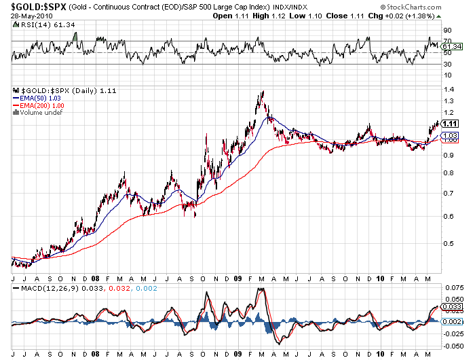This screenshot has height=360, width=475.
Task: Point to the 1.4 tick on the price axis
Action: coord(449,89)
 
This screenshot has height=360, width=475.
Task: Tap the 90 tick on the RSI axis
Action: coord(447,31)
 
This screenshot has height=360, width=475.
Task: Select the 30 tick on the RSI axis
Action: coord(447,65)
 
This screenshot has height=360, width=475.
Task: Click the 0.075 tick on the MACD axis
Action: coord(452,287)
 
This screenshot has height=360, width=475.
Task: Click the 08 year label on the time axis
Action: coord(96,278)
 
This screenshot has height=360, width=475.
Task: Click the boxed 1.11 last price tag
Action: coord(450,124)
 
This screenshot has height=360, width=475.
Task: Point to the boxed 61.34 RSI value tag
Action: coord(451,47)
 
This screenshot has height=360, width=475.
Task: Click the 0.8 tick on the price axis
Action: coord(449,173)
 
